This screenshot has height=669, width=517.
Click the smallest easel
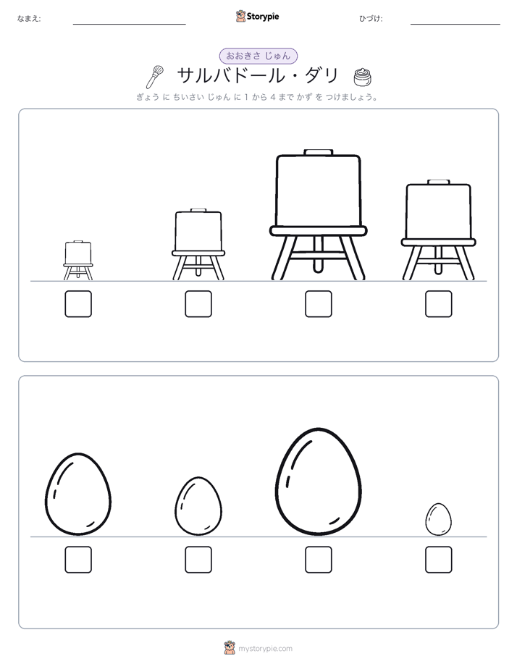click(78, 260)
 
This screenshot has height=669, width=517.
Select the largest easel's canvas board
click(318, 190)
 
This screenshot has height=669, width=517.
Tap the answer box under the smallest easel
click(78, 304)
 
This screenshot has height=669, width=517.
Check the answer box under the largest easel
click(318, 304)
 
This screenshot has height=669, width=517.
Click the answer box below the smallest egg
click(439, 560)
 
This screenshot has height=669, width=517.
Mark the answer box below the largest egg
click(318, 560)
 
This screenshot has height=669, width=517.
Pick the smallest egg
click(439, 519)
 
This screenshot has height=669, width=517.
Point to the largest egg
click(318, 481)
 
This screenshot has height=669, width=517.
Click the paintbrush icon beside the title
click(154, 77)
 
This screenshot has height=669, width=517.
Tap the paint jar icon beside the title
click(362, 77)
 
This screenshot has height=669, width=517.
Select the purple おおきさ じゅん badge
click(258, 56)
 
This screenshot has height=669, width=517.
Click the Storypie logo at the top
click(257, 17)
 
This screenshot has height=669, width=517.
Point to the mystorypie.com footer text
click(265, 649)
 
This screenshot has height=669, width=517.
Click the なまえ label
click(29, 18)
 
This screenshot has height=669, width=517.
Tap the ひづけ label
click(371, 18)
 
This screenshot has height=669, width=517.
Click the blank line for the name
click(129, 25)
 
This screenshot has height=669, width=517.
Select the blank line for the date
click(455, 25)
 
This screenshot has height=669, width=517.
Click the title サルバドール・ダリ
click(258, 76)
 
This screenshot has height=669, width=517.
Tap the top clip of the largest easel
click(318, 152)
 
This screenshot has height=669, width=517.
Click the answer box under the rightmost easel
click(439, 304)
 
